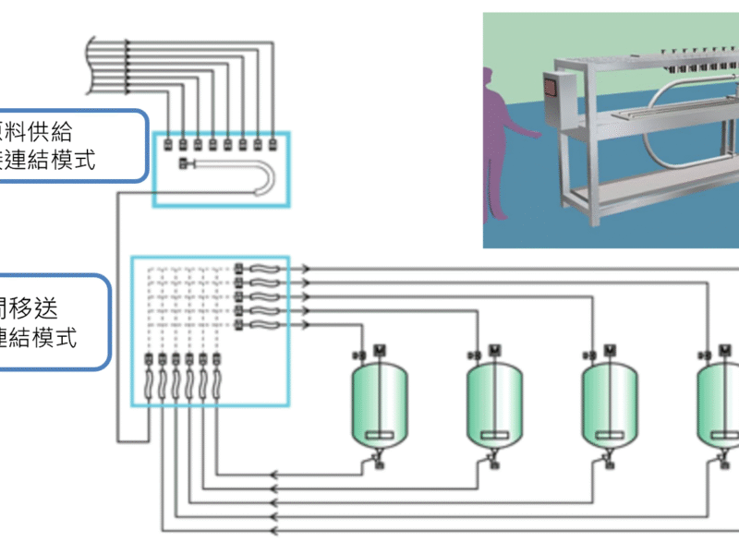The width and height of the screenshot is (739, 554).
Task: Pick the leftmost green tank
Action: [x=380, y=406]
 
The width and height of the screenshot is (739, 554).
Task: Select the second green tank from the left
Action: [x=494, y=406]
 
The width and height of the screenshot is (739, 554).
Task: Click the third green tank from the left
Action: [x=610, y=406]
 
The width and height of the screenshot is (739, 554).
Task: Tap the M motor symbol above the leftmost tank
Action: [x=380, y=350]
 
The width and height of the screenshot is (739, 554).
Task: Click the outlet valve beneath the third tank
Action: [x=610, y=457]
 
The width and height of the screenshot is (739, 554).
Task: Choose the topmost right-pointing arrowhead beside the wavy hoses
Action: [x=306, y=269]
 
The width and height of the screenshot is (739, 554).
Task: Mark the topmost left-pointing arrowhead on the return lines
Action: [x=273, y=476]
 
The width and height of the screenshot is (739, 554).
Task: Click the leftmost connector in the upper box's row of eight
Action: [x=168, y=144]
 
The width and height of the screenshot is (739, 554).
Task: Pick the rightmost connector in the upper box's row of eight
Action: [x=273, y=144]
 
